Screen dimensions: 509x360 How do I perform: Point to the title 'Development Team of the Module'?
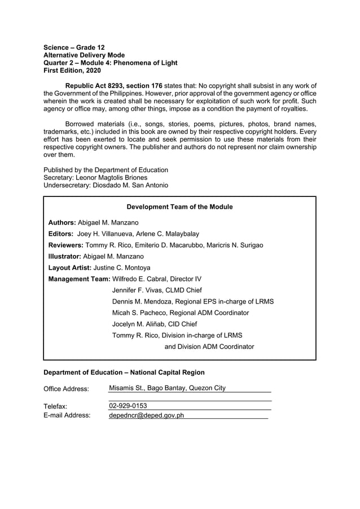pos(179,207)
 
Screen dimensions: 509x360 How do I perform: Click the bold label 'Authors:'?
pos(62,223)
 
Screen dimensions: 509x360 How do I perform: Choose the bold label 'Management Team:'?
pos(80,279)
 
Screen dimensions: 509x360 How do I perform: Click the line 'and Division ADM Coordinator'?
pos(209,346)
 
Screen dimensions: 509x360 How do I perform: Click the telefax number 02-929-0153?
pos(128,406)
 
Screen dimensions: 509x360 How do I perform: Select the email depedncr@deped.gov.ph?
pos(146,415)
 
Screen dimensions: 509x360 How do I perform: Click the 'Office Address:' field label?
pos(66,389)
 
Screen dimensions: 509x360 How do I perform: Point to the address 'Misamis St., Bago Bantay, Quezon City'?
pos(167,388)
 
